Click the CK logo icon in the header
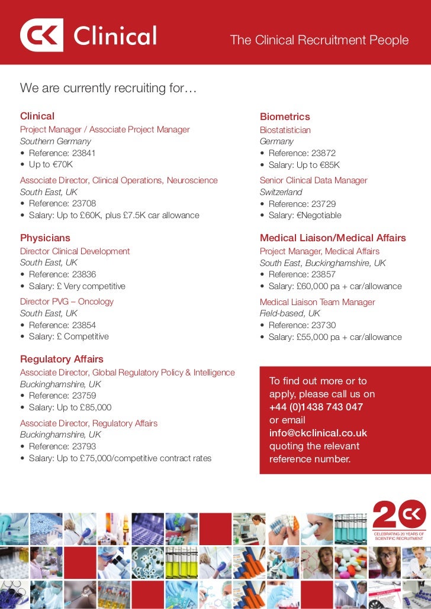(41, 35)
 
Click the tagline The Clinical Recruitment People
(319, 40)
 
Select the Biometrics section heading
(285, 117)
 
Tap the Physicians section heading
(45, 238)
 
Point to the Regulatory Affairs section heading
(62, 359)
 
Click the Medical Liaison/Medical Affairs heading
(333, 238)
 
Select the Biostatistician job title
(285, 130)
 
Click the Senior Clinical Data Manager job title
(313, 180)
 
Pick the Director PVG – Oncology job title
(67, 302)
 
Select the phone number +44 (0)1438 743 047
(316, 407)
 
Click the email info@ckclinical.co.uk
(319, 433)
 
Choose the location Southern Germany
(56, 141)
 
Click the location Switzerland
(281, 192)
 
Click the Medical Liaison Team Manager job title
(317, 302)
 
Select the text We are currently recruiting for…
(108, 88)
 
